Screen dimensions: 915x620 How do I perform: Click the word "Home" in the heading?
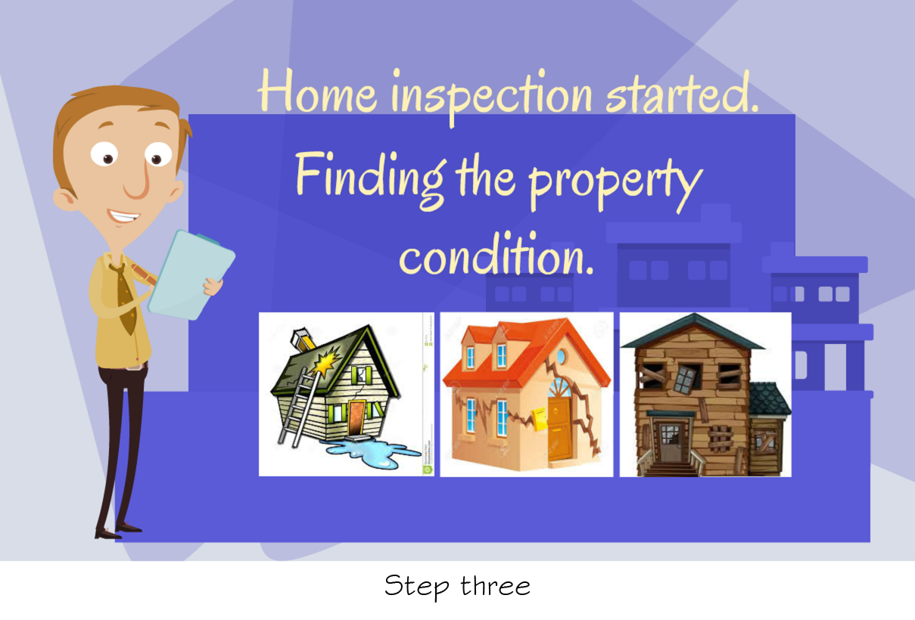(317, 91)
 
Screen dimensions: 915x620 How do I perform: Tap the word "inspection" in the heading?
(492, 96)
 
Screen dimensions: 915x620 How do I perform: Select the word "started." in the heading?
(682, 92)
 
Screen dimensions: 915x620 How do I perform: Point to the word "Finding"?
(371, 181)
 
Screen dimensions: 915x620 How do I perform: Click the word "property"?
(616, 184)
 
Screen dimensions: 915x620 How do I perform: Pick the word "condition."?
(496, 253)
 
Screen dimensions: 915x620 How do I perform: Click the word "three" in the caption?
(496, 586)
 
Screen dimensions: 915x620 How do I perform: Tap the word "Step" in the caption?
(417, 587)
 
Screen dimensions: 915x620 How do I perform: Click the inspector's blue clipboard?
(191, 274)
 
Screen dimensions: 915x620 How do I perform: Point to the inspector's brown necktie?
(125, 298)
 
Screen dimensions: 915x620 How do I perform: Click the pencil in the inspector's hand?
(143, 274)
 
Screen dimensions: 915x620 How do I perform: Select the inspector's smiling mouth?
(124, 216)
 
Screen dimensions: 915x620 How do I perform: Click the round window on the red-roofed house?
(562, 356)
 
